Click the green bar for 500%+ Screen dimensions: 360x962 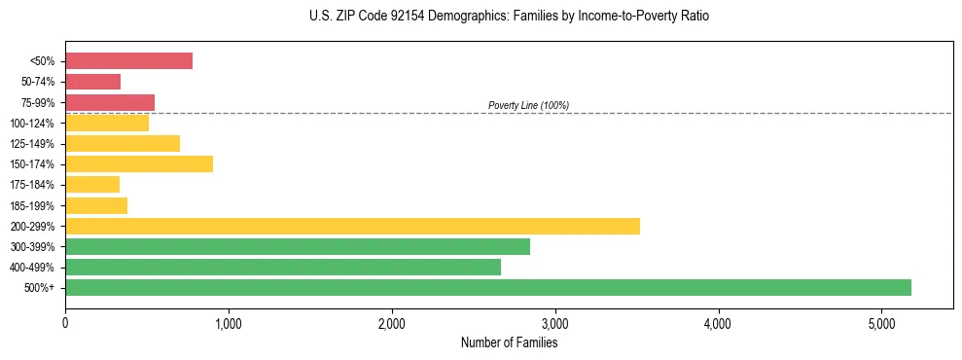pos(487,287)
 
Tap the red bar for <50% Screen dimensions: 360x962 pos(128,61)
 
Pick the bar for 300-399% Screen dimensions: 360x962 pos(297,246)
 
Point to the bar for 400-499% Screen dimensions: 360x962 pos(282,267)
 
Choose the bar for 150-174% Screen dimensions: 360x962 pos(139,164)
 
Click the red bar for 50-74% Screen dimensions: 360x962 pos(92,82)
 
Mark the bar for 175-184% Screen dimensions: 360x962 pos(92,185)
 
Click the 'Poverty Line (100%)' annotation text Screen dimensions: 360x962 pos(528,105)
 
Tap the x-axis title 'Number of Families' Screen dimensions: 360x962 pos(509,342)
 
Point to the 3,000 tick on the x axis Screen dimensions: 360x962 pos(554,323)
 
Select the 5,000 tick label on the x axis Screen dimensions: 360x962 pos(880,323)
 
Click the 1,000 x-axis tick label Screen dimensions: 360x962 pos(228,323)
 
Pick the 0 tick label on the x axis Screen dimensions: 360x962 pos(65,323)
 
